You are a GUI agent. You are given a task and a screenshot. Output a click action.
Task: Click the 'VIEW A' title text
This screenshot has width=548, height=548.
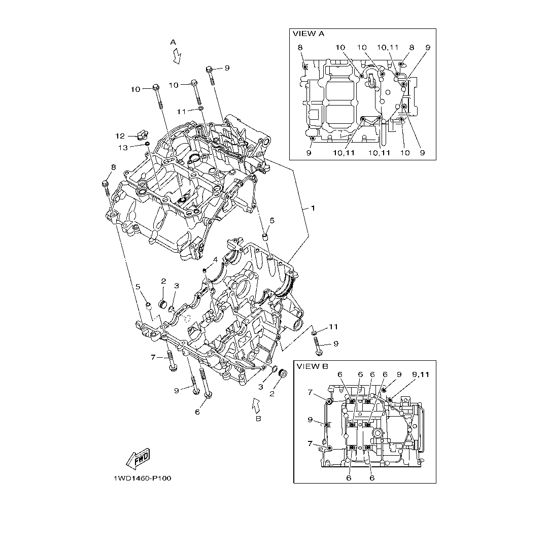308,33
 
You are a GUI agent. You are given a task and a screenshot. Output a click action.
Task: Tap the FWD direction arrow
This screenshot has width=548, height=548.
137,459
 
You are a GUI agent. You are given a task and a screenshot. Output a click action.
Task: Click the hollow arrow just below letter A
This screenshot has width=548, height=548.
177,57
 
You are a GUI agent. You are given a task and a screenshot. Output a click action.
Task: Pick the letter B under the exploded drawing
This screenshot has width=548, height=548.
258,419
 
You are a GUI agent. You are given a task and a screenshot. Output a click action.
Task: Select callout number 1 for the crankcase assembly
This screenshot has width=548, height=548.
313,208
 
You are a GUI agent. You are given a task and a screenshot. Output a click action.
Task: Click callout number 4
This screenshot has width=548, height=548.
215,259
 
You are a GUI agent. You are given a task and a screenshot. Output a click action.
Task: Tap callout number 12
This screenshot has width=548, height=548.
120,136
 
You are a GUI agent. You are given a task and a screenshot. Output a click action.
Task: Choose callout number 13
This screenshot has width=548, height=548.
123,147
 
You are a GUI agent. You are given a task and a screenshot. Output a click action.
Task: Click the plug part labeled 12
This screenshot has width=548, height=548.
141,135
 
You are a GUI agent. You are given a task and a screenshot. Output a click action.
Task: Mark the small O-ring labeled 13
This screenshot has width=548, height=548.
147,144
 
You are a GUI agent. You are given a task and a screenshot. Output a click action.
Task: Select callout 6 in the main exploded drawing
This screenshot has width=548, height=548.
197,412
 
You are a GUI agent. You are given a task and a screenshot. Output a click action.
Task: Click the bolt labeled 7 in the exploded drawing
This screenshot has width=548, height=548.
172,360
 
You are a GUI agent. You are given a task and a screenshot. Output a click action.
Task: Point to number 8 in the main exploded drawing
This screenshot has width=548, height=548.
113,167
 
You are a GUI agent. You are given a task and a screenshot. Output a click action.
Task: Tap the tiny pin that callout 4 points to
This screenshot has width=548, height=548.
204,270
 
